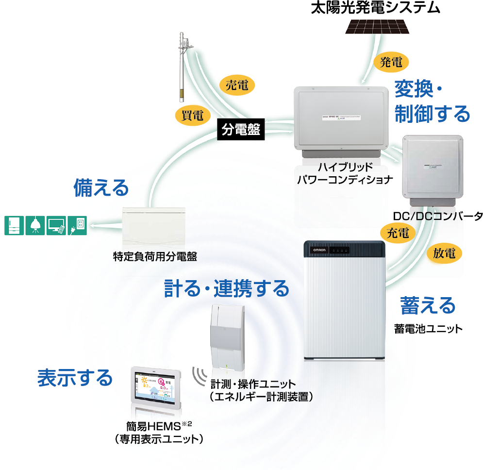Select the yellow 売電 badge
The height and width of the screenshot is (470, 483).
[237, 85]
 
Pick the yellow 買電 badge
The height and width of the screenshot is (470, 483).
[193, 115]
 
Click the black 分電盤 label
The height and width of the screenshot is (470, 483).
[241, 130]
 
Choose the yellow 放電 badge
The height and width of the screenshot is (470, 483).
[444, 253]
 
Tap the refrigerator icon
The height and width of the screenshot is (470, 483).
[14, 225]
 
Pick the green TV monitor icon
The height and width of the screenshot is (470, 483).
[56, 225]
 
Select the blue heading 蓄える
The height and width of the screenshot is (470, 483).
[428, 305]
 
